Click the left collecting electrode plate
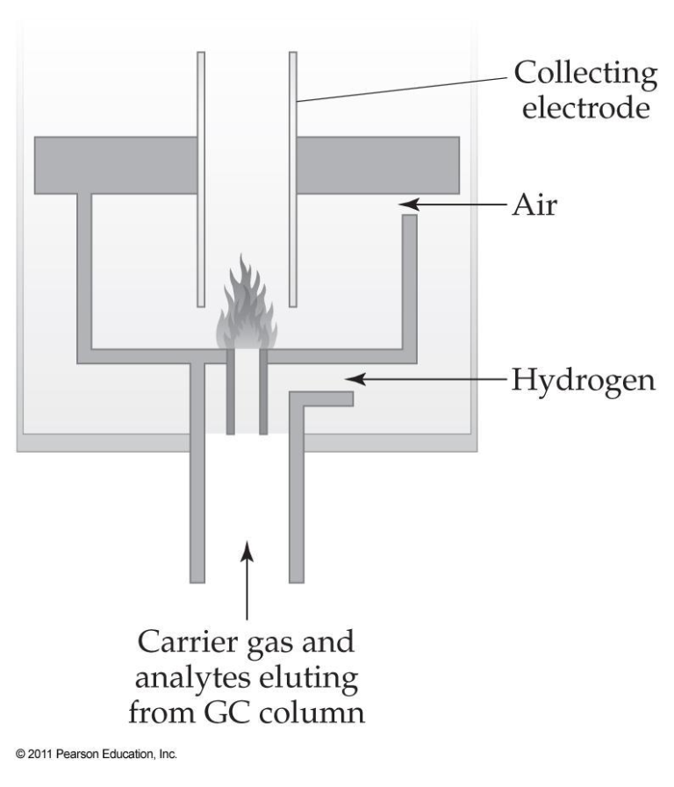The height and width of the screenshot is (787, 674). pos(201,175)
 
